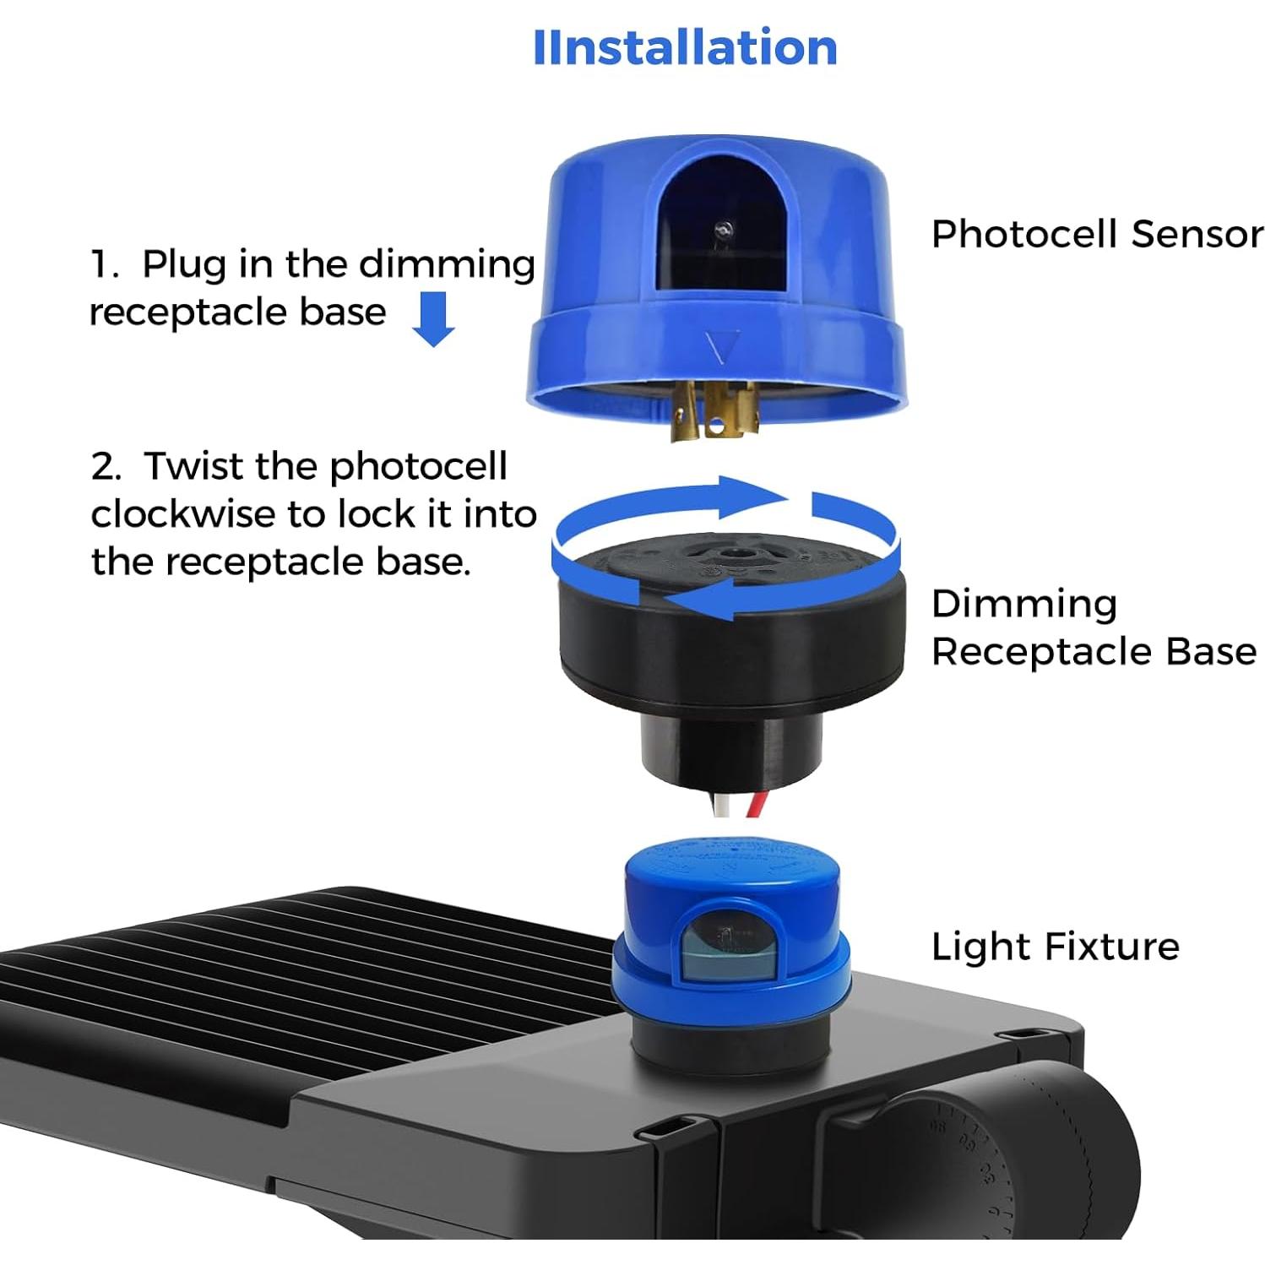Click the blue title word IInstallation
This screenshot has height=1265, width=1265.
pos(685,47)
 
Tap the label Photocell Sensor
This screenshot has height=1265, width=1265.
pos(1096,234)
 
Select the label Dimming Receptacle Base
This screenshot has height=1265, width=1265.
pos(1093,627)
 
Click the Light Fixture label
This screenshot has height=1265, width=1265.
pos(1055,946)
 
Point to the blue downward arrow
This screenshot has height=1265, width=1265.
pos(434,319)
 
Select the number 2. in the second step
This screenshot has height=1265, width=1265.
pos(106,466)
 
